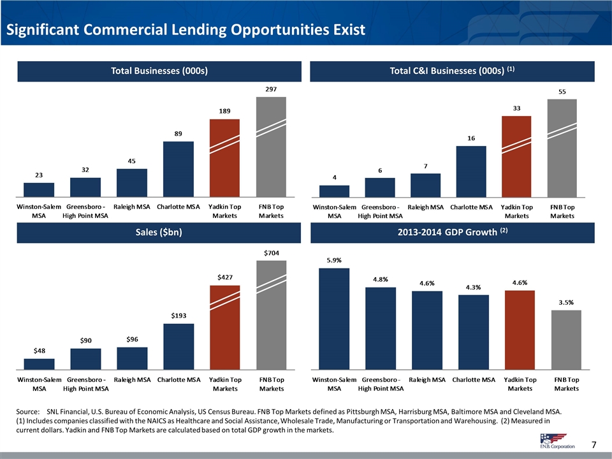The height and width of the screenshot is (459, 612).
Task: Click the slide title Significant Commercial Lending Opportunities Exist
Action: (x=185, y=30)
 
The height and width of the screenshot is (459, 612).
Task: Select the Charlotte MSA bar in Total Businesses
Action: (x=178, y=169)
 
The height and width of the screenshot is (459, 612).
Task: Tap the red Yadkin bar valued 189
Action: (x=224, y=158)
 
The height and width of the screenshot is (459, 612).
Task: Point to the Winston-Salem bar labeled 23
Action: (x=39, y=189)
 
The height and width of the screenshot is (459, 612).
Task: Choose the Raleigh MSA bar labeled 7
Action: (x=426, y=185)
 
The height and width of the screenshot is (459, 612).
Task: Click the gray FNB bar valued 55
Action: (x=562, y=148)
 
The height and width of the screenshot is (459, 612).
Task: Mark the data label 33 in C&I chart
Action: (x=516, y=108)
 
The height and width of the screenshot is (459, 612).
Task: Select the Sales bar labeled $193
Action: (x=178, y=346)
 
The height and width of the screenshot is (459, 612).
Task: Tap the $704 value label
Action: (x=271, y=253)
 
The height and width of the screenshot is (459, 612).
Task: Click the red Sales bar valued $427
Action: (x=224, y=327)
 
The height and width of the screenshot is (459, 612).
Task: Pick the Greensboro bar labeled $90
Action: (x=85, y=358)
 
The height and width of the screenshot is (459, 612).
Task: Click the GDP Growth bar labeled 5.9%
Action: (x=334, y=318)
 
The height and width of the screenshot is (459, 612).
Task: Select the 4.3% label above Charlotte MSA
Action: (x=473, y=287)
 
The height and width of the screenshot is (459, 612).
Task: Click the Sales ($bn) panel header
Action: (x=156, y=233)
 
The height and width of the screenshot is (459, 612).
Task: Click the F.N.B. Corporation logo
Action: (x=553, y=440)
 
